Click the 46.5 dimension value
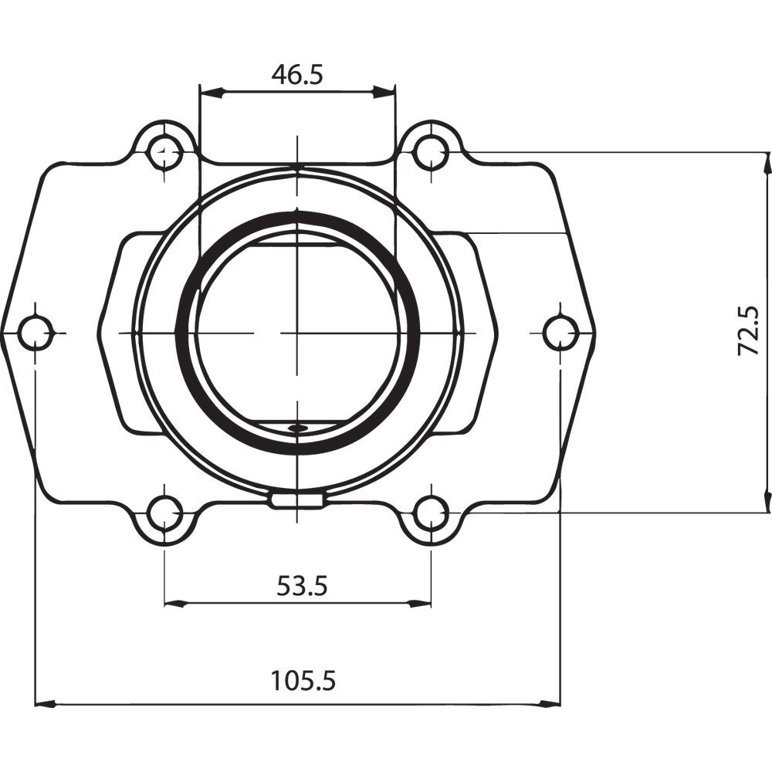click(297, 74)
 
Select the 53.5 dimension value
click(303, 586)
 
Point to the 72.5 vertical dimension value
click(749, 330)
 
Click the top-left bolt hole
click(164, 152)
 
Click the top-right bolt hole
click(430, 152)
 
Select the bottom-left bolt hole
click(164, 513)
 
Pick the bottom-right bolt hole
click(430, 513)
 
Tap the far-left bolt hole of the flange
click(36, 333)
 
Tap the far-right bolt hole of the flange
click(560, 333)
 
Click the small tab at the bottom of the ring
click(296, 501)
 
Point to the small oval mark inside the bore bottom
click(296, 427)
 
